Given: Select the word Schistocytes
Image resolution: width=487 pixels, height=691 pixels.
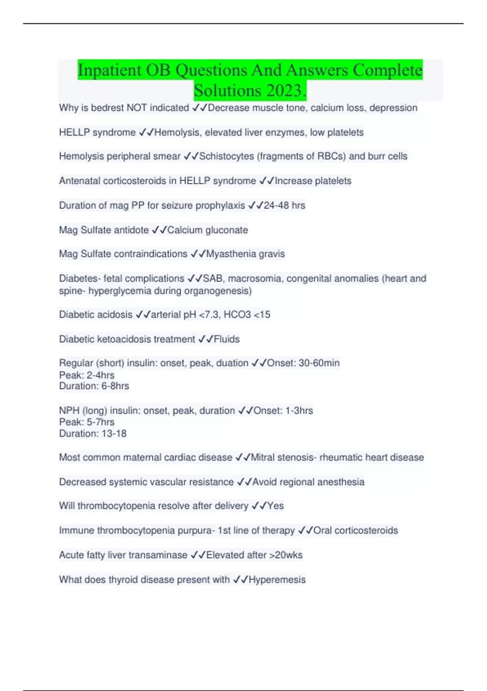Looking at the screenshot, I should point(226,156).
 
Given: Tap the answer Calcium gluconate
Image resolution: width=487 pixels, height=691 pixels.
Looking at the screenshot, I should point(207,230).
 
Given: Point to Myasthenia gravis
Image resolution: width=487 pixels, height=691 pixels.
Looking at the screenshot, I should point(246,254).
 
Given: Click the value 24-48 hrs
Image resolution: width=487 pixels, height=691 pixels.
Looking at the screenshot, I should point(284,206).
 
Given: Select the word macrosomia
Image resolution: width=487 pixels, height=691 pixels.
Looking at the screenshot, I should point(256,278).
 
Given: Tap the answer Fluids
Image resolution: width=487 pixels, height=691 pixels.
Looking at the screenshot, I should point(226,339).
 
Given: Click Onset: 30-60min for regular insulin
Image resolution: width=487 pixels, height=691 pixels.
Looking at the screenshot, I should point(303,363).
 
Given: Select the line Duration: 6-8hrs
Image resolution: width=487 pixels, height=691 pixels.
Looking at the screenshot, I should point(94,386).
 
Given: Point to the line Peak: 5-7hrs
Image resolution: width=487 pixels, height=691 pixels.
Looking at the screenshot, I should point(87,422).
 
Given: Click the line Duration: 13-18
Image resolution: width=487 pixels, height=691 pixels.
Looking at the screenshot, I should point(93,434).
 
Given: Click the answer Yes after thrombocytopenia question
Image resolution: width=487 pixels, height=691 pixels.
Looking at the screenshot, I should point(275,506).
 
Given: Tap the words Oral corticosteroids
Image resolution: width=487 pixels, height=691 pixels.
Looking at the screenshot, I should point(356,530).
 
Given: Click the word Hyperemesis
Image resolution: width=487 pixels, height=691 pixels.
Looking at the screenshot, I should point(277,580).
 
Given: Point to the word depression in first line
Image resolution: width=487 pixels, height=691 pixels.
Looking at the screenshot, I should point(393,108).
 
